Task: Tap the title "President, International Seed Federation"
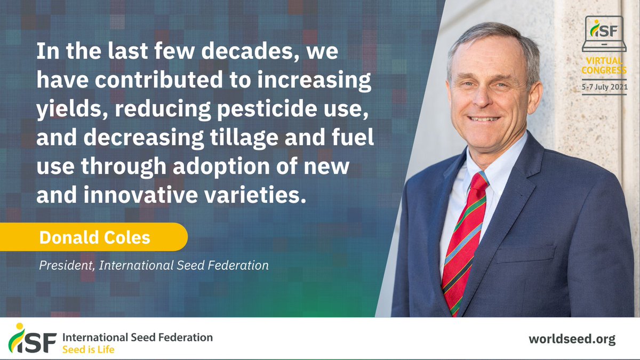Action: click(154, 265)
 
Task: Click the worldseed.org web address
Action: click(572, 339)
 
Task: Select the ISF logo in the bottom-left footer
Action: click(32, 340)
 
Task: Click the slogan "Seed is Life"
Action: click(88, 350)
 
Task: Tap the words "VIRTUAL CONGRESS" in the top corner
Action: click(604, 65)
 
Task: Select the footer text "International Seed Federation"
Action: click(138, 338)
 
